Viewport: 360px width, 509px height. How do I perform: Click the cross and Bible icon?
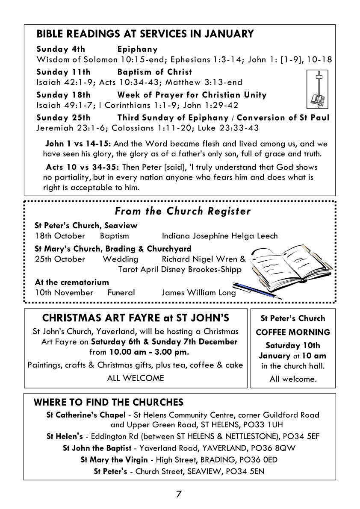[316, 90]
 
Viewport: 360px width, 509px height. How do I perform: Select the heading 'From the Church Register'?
[183, 211]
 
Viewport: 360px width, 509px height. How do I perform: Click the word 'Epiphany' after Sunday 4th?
[137, 49]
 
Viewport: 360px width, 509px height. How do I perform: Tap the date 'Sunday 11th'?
[63, 72]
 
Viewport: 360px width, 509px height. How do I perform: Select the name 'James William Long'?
[198, 293]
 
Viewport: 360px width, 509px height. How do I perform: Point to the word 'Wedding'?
[120, 259]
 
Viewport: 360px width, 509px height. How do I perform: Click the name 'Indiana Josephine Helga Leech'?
[219, 235]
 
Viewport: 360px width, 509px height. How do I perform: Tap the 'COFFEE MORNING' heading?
[293, 332]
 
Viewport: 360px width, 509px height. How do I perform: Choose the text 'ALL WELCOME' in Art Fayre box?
[136, 378]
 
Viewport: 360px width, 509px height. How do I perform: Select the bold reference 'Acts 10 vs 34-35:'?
[74, 167]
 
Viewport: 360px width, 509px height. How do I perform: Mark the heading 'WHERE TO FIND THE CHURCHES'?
[108, 402]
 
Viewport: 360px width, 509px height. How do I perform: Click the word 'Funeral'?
[121, 293]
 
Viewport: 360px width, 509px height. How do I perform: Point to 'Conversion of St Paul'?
[283, 118]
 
